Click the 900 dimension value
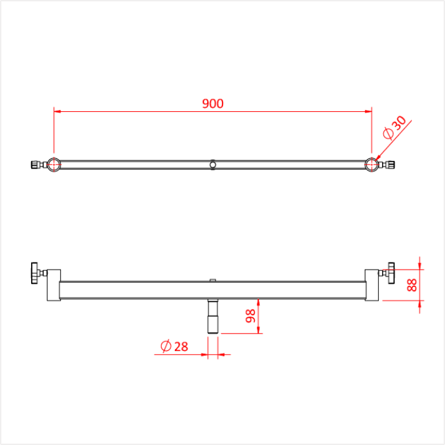213,104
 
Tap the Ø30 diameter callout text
395,128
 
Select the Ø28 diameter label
174,346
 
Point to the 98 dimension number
250,316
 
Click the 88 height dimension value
412,285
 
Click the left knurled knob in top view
34,165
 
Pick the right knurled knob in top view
391,165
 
